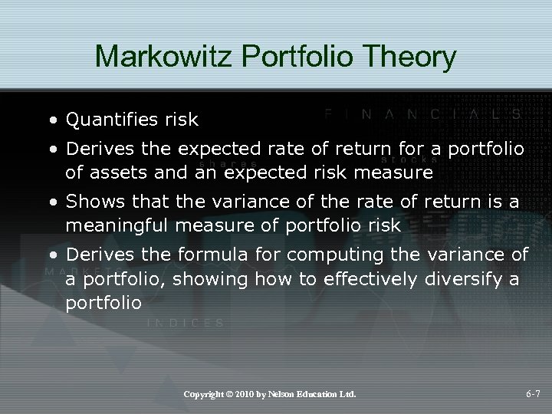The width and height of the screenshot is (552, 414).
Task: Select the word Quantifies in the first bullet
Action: tap(110, 120)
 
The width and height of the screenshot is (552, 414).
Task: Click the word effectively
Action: tap(363, 279)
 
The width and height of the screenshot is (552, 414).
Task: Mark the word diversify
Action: tap(462, 279)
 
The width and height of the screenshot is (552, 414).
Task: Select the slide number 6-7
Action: tap(534, 394)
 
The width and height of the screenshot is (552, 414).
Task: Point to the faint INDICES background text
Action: tap(186, 323)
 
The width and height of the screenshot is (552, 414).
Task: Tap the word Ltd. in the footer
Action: tap(350, 394)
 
